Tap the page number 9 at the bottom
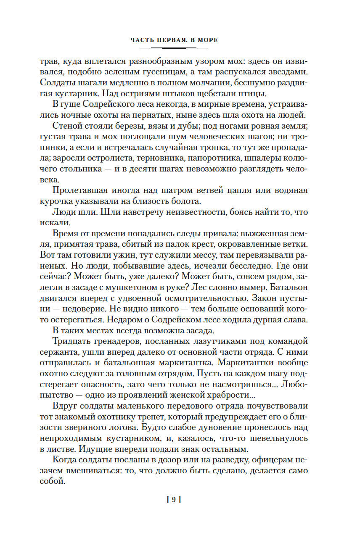pyautogui.click(x=174, y=500)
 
